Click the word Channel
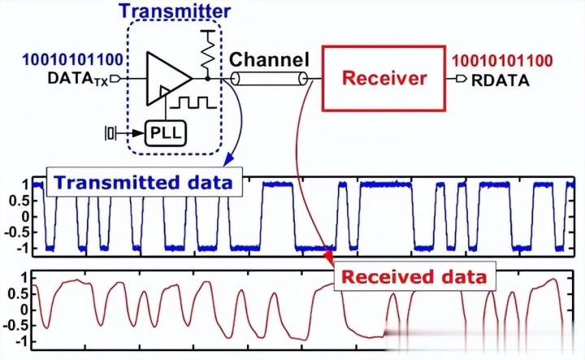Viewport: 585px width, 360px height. (x=269, y=59)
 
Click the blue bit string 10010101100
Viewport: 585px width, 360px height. (x=63, y=59)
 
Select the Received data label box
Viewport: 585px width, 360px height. (x=415, y=276)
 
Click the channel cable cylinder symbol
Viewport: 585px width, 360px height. (x=270, y=79)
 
